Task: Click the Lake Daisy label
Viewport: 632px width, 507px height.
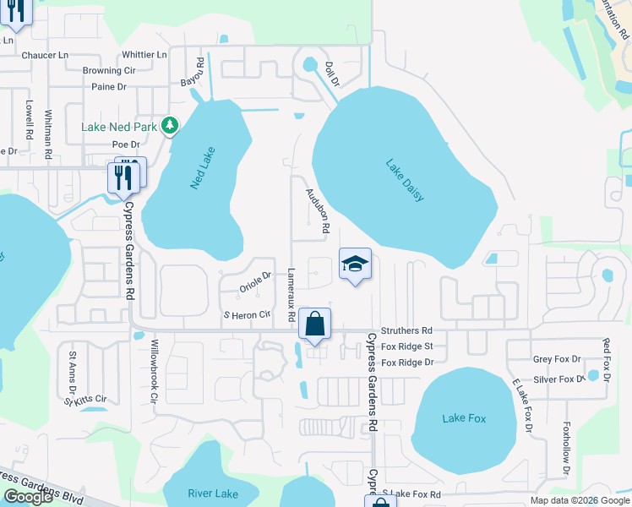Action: pos(405,180)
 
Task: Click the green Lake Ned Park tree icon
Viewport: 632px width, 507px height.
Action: pos(171,126)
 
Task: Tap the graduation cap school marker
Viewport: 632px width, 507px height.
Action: pos(356,264)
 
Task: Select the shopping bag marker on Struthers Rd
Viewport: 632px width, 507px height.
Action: pos(314,324)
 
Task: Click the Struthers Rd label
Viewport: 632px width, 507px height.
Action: pos(406,330)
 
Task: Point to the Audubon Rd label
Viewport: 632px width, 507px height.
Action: pos(316,210)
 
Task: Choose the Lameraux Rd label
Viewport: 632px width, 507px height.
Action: pos(291,295)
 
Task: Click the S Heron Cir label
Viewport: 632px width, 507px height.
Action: pos(245,314)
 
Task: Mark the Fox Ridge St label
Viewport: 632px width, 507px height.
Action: pos(407,346)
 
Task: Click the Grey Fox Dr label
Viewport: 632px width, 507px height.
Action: pos(557,359)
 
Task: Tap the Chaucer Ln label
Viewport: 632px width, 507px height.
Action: pos(45,55)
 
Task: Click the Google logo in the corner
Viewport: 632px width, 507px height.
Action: pos(28,497)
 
